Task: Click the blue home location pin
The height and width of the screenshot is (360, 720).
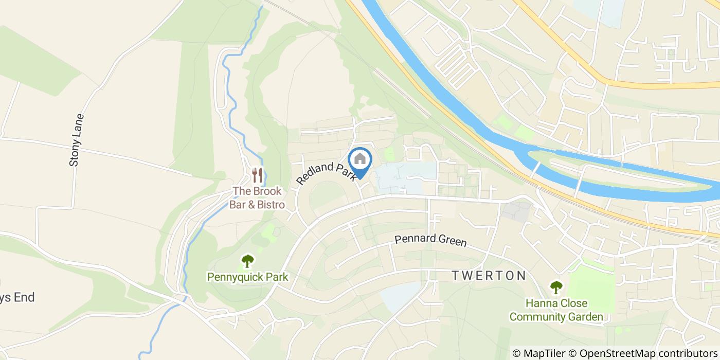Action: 360,160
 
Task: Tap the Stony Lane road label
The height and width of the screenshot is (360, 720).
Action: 76,140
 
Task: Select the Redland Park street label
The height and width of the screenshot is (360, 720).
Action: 327,174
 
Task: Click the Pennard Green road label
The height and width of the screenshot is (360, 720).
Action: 430,240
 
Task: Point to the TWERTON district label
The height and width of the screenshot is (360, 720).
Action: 489,276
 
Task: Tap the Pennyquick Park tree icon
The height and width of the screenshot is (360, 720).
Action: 248,261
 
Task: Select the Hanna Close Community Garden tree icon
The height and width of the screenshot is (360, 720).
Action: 556,287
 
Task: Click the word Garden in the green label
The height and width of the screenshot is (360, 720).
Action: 584,317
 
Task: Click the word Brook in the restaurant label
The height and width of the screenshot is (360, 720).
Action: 267,191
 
